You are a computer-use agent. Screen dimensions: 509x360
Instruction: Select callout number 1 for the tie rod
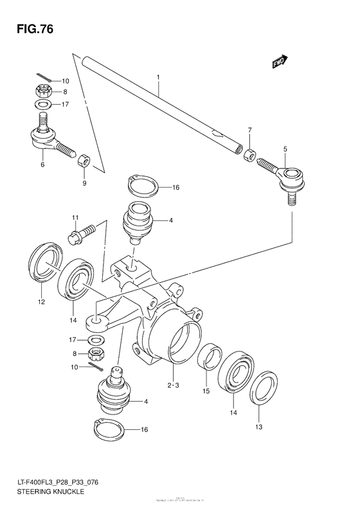[x=156, y=78]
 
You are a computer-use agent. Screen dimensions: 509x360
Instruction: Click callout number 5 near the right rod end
[x=284, y=149]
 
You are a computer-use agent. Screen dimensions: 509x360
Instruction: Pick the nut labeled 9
[x=84, y=159]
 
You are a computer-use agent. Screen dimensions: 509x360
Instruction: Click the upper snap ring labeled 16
[x=143, y=186]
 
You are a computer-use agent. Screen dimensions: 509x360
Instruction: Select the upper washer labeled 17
[x=42, y=103]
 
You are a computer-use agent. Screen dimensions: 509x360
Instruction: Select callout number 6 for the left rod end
[x=42, y=165]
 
